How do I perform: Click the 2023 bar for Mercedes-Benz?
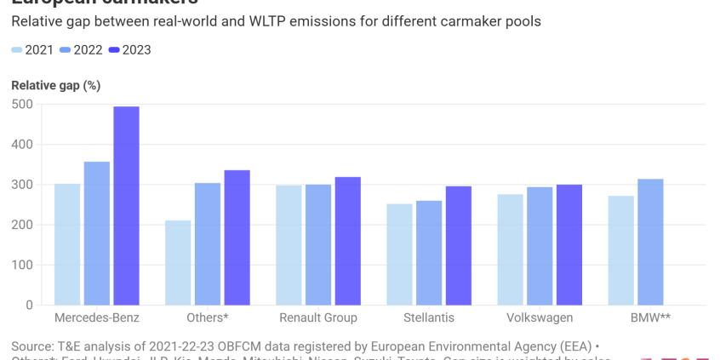(127, 206)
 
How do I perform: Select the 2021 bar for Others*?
(178, 262)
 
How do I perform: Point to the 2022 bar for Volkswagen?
(540, 246)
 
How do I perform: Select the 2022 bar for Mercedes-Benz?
(97, 233)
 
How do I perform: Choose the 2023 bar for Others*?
(237, 237)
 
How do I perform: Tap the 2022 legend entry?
(81, 49)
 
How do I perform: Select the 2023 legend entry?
(129, 49)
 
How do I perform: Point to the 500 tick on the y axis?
(22, 105)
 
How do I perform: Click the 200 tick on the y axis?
(22, 225)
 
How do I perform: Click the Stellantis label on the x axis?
(428, 317)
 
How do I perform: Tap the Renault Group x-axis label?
(318, 317)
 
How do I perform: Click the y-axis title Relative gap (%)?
(55, 86)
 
